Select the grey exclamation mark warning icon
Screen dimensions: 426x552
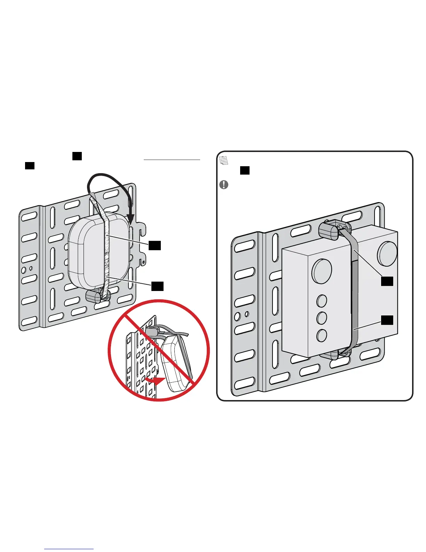pyautogui.click(x=224, y=184)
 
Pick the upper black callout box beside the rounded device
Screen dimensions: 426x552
pyautogui.click(x=155, y=245)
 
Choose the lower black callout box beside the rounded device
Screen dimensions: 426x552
pyautogui.click(x=157, y=286)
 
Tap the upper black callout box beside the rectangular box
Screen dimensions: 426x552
pyautogui.click(x=387, y=281)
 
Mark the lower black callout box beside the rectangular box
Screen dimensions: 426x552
pyautogui.click(x=387, y=320)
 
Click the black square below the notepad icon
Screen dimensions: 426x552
pyautogui.click(x=245, y=170)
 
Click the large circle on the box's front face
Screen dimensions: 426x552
pyautogui.click(x=322, y=271)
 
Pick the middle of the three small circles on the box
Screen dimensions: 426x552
pyautogui.click(x=322, y=317)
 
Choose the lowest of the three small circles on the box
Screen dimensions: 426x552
pyautogui.click(x=322, y=335)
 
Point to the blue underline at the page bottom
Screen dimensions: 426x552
pyautogui.click(x=69, y=549)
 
